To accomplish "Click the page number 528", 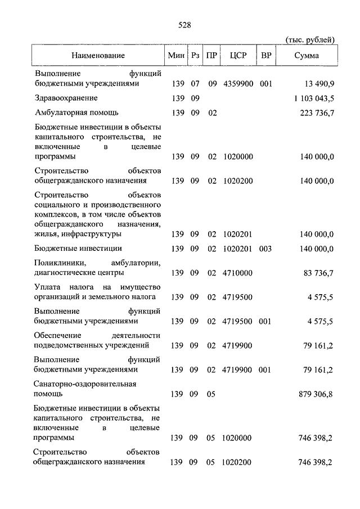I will pyautogui.click(x=186, y=25).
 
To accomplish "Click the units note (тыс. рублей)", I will pyautogui.click(x=310, y=39).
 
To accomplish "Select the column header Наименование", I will pyautogui.click(x=98, y=56).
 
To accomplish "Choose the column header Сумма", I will pyautogui.click(x=307, y=56).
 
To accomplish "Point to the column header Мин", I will pyautogui.click(x=175, y=56).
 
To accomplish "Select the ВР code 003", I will pyautogui.click(x=266, y=249).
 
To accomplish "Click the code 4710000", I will pyautogui.click(x=237, y=273).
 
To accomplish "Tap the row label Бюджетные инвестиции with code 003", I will pyautogui.click(x=78, y=249).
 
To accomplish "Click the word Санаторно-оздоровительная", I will pyautogui.click(x=85, y=384).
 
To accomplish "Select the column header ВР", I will pyautogui.click(x=266, y=56).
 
